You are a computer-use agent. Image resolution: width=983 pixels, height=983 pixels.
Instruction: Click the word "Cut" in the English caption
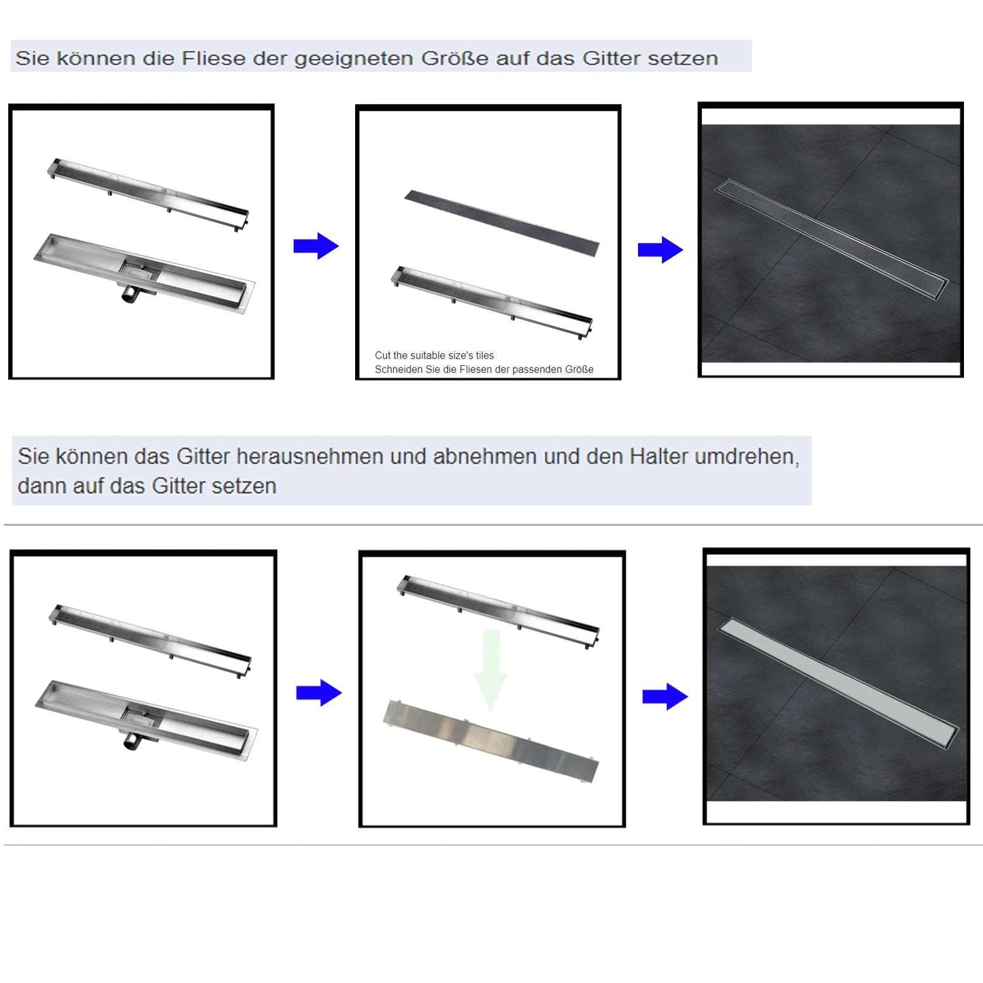pos(382,355)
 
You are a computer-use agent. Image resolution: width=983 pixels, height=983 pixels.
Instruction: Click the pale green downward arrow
pos(490,670)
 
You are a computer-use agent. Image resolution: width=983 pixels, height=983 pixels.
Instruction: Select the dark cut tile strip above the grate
pos(502,223)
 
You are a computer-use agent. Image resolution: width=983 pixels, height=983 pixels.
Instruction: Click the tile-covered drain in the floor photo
pos(831,239)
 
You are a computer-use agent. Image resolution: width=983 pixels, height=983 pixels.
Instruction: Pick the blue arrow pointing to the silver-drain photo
pos(665,697)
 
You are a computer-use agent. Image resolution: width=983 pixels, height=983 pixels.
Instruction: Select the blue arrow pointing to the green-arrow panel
pos(319,693)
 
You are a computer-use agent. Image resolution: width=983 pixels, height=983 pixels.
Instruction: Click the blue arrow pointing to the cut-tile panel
pos(316,246)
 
